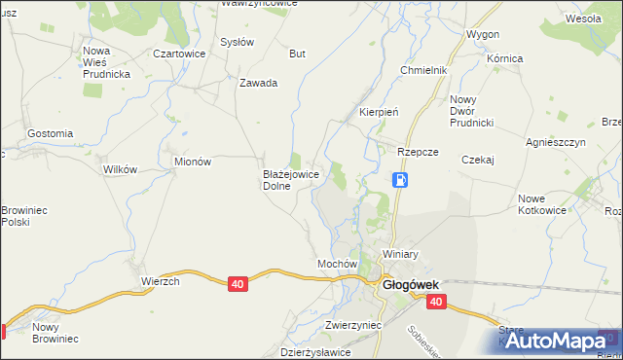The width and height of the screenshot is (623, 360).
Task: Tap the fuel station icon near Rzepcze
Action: pos(400,180)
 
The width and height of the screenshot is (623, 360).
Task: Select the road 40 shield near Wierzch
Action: pos(238,283)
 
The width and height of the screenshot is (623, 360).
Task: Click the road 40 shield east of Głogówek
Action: pos(435,303)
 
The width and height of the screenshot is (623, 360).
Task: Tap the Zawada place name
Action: pos(259,83)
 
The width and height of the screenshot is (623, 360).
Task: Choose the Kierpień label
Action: pos(380,112)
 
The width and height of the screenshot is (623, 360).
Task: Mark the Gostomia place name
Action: pos(51,133)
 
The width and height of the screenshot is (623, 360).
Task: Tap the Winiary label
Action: pos(400,254)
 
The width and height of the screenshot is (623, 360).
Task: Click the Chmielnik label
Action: pos(423,71)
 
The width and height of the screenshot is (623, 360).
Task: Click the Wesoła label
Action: pos(583,18)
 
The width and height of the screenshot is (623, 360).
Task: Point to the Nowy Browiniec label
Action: pos(55,333)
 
